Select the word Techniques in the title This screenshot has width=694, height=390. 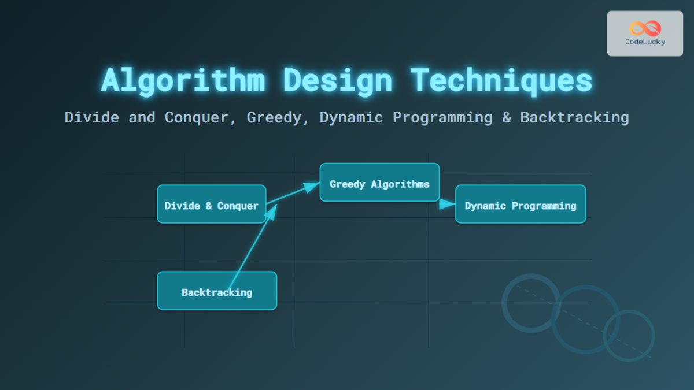(x=501, y=80)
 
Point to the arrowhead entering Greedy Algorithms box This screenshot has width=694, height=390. (x=312, y=186)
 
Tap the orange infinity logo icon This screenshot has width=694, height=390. (x=644, y=28)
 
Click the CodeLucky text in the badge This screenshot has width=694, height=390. (x=645, y=42)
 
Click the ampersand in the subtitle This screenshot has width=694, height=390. (x=507, y=117)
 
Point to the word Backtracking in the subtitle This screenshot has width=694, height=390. (x=574, y=117)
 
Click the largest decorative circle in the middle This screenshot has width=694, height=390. (x=585, y=319)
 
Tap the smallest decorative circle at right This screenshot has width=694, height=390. (x=629, y=336)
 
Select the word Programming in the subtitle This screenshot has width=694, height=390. (x=442, y=117)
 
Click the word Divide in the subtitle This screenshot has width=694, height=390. (x=93, y=117)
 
